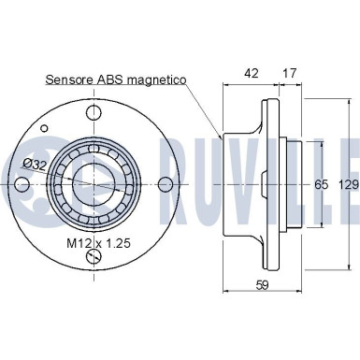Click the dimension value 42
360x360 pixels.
coord(252,73)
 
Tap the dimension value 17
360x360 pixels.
coord(289,73)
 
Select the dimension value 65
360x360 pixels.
coord(321,185)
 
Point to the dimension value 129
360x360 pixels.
coord(349,185)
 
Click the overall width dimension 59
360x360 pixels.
coord(262,284)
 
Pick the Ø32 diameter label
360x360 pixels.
coord(35,165)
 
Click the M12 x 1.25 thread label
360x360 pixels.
coord(98,243)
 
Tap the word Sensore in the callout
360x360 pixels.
coord(69,79)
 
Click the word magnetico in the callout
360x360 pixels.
coord(157,80)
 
